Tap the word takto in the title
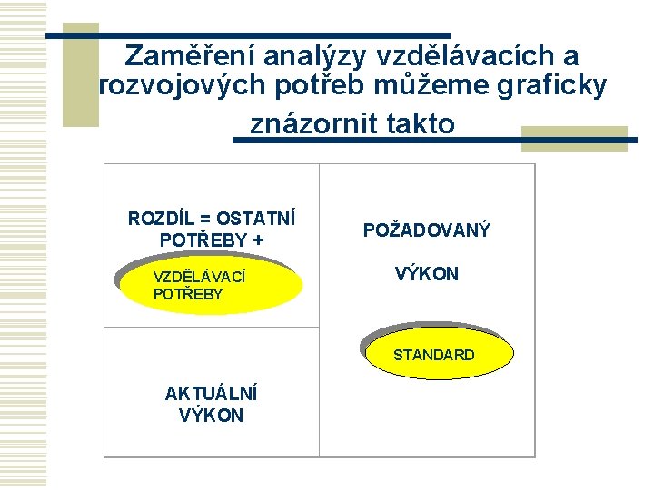pos(419,122)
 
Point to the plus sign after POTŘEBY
pos(259,240)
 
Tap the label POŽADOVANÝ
pos(427,230)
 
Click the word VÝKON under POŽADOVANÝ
pos(426,274)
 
